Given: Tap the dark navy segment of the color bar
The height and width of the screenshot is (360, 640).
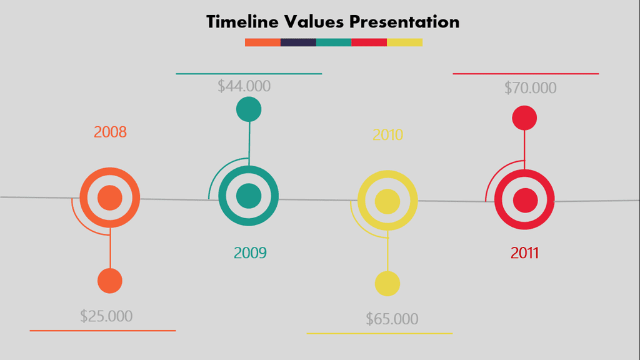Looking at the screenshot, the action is pyautogui.click(x=298, y=42).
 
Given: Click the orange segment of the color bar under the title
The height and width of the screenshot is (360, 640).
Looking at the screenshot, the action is pyautogui.click(x=263, y=42).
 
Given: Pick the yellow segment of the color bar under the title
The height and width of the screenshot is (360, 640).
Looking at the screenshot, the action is pyautogui.click(x=405, y=42).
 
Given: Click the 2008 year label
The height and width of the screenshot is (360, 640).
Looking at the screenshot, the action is pyautogui.click(x=110, y=132).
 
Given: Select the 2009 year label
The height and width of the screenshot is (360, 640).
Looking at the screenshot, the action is pyautogui.click(x=250, y=253).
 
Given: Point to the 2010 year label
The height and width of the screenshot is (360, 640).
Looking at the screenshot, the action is pyautogui.click(x=387, y=135).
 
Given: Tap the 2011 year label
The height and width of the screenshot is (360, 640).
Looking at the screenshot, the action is pyautogui.click(x=524, y=253).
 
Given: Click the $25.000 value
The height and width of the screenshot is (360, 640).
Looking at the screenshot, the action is pyautogui.click(x=106, y=316).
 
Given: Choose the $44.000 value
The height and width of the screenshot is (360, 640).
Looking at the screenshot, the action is pyautogui.click(x=244, y=86).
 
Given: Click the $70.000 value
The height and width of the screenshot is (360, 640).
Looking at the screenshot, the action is pyautogui.click(x=530, y=87).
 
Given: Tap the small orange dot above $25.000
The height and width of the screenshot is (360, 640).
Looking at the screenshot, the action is pyautogui.click(x=110, y=281).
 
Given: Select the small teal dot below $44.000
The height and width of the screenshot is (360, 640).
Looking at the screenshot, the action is pyautogui.click(x=249, y=109).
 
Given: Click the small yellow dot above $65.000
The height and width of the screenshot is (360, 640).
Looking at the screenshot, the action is pyautogui.click(x=387, y=284).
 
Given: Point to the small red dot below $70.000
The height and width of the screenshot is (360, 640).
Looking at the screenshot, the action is pyautogui.click(x=524, y=118).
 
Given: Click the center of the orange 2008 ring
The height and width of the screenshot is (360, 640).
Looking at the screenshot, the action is pyautogui.click(x=110, y=197).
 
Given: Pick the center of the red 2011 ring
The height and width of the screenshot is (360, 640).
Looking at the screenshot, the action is pyautogui.click(x=525, y=201).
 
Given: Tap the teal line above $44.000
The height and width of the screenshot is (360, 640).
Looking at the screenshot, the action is pyautogui.click(x=249, y=74).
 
